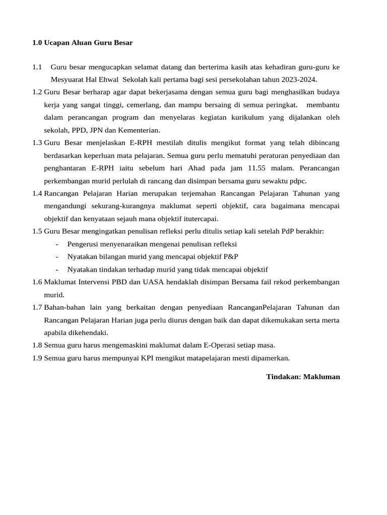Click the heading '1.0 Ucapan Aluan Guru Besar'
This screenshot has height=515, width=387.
click(82, 43)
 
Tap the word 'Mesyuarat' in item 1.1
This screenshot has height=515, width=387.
click(67, 79)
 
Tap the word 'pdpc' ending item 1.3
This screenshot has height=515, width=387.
click(297, 181)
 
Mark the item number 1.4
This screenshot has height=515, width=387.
click(37, 193)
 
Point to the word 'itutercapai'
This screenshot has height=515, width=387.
click(200, 219)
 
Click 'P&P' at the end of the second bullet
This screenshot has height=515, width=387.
click(230, 256)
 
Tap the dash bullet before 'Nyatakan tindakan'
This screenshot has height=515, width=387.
click(57, 270)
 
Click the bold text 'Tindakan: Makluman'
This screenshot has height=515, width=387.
click(303, 376)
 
